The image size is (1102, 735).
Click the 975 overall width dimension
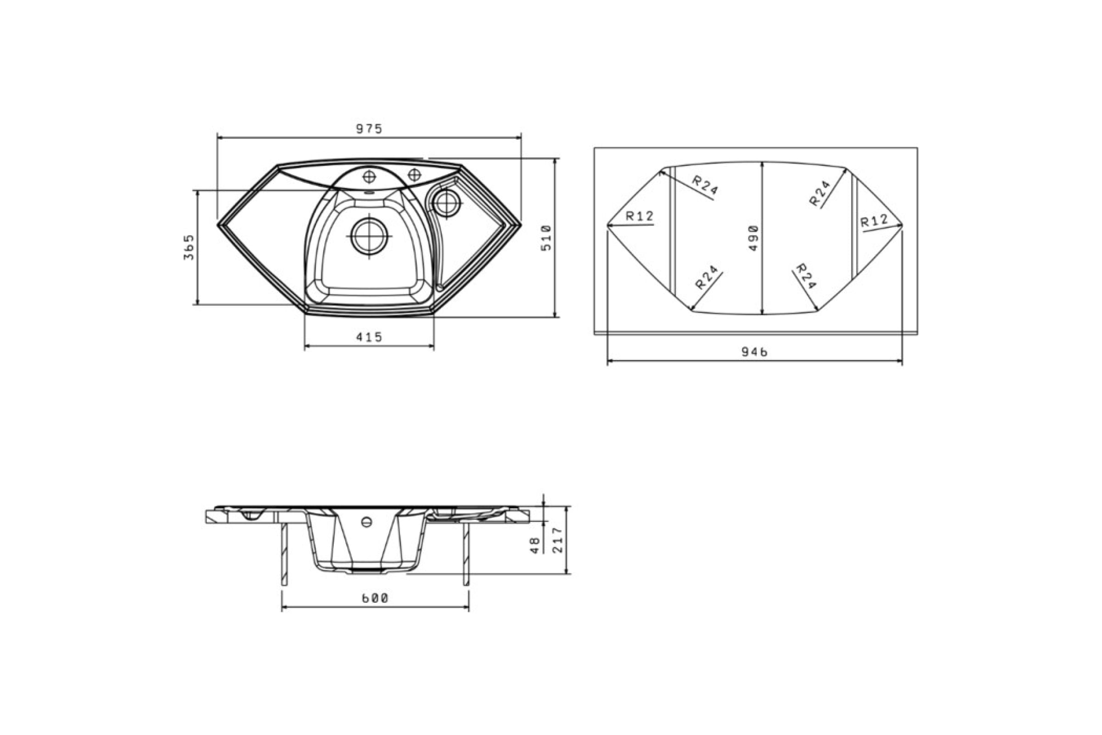click(369, 129)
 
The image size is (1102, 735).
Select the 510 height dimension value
click(546, 238)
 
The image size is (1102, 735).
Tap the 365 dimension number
click(189, 247)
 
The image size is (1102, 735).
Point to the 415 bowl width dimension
click(369, 337)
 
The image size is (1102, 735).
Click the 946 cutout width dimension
click(754, 352)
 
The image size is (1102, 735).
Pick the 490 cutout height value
click(753, 238)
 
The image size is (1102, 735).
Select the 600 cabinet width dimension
click(375, 598)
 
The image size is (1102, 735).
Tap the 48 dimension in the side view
click(535, 545)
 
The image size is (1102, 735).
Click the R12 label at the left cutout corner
click(640, 216)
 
